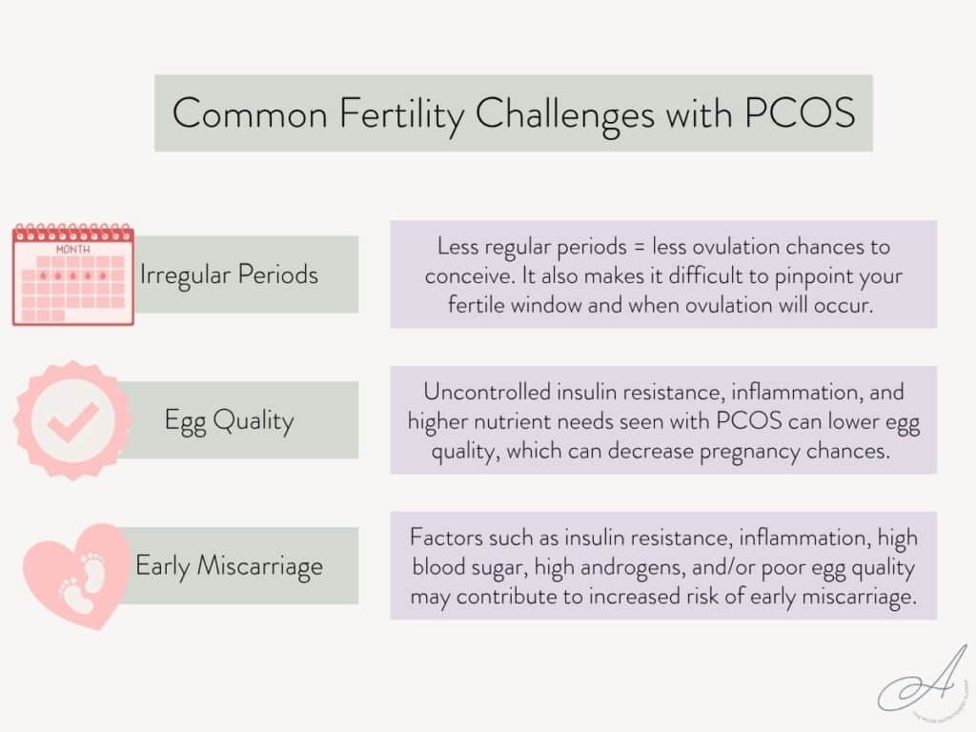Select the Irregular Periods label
tap(229, 274)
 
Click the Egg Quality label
tap(229, 420)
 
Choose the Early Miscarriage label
tap(229, 566)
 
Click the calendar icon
tap(73, 275)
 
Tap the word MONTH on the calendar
tap(72, 249)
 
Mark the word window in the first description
tap(550, 308)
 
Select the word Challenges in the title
tap(565, 113)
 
